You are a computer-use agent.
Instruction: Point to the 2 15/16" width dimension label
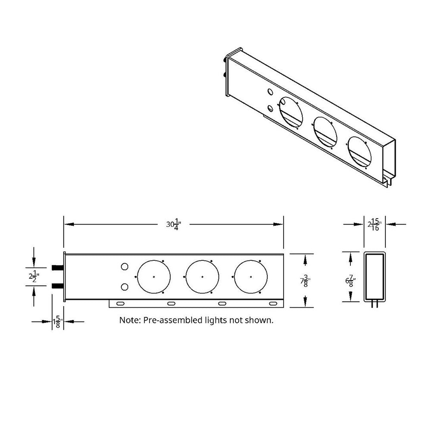tap(374, 224)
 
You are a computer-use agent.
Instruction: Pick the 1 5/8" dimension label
tap(57, 322)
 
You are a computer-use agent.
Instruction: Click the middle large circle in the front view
tap(203, 276)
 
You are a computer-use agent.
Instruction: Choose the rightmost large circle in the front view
tap(251, 276)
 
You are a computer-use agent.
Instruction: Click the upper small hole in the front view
tap(125, 267)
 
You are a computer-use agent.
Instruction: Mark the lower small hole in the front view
tap(125, 287)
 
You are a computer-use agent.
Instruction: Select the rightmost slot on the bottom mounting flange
tap(273, 304)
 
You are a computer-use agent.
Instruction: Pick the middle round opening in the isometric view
tap(325, 131)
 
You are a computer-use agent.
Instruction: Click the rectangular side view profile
tap(375, 276)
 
